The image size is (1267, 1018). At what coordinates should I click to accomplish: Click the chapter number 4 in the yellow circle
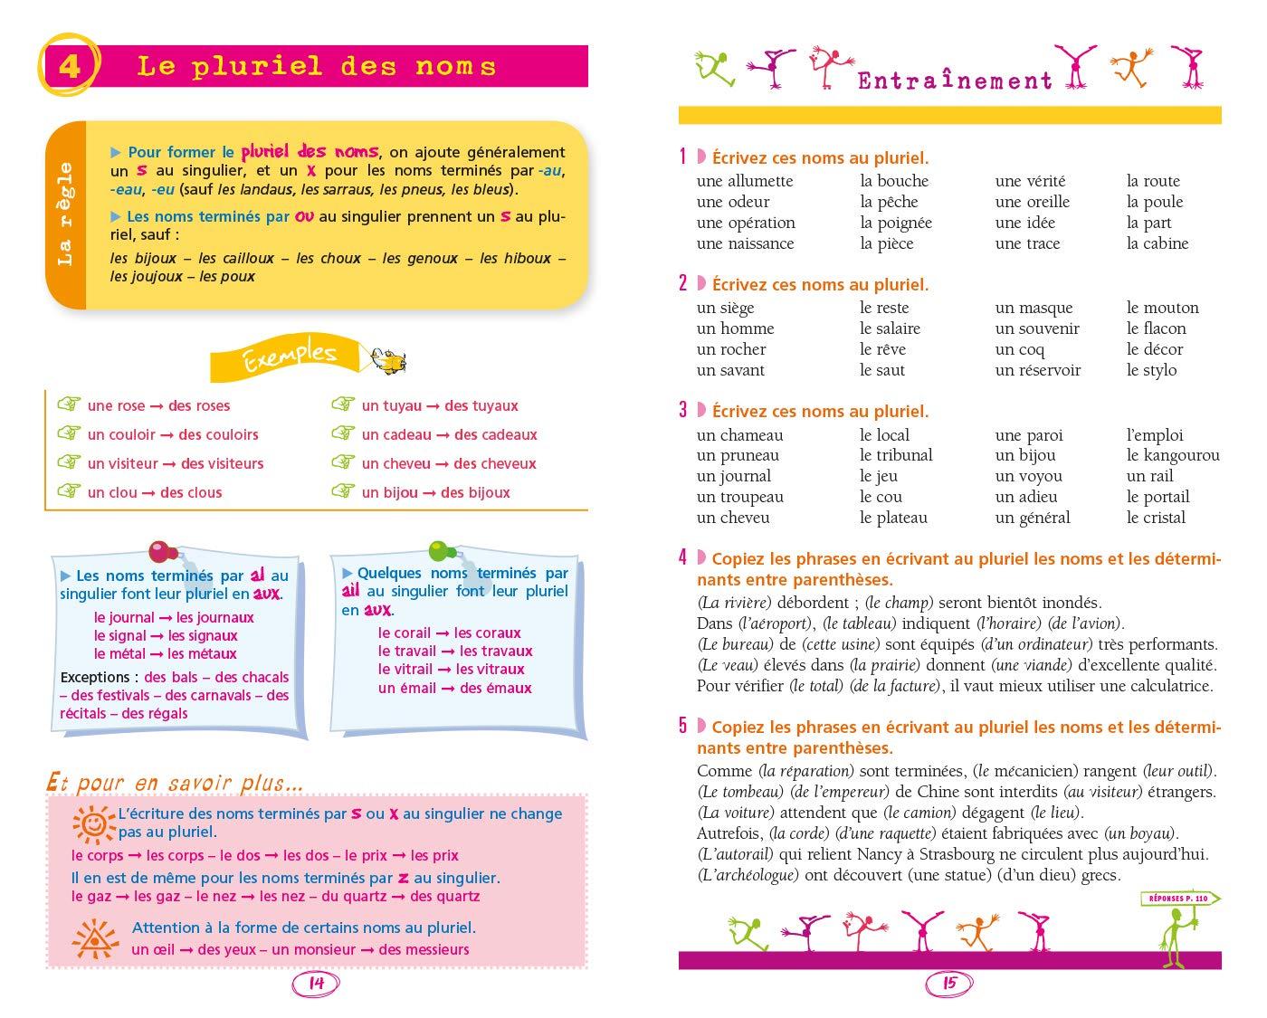[70, 67]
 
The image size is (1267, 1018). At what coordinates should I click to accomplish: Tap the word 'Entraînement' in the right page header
[955, 81]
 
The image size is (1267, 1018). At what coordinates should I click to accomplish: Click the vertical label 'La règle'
[65, 214]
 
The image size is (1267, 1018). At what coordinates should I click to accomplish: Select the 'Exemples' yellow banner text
[290, 357]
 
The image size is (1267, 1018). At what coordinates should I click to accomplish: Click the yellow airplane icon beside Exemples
[386, 359]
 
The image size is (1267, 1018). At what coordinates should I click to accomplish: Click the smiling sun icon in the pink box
[92, 822]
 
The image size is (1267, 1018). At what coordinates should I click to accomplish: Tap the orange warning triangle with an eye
[93, 937]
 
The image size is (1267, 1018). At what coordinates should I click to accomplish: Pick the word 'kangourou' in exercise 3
[1182, 455]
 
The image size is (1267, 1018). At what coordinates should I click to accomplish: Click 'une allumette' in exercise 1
[745, 181]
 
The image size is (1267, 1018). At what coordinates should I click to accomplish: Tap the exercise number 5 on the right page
[683, 726]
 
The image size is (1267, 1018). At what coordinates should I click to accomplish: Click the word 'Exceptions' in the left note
[95, 677]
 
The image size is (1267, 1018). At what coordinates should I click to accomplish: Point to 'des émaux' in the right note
[496, 688]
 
